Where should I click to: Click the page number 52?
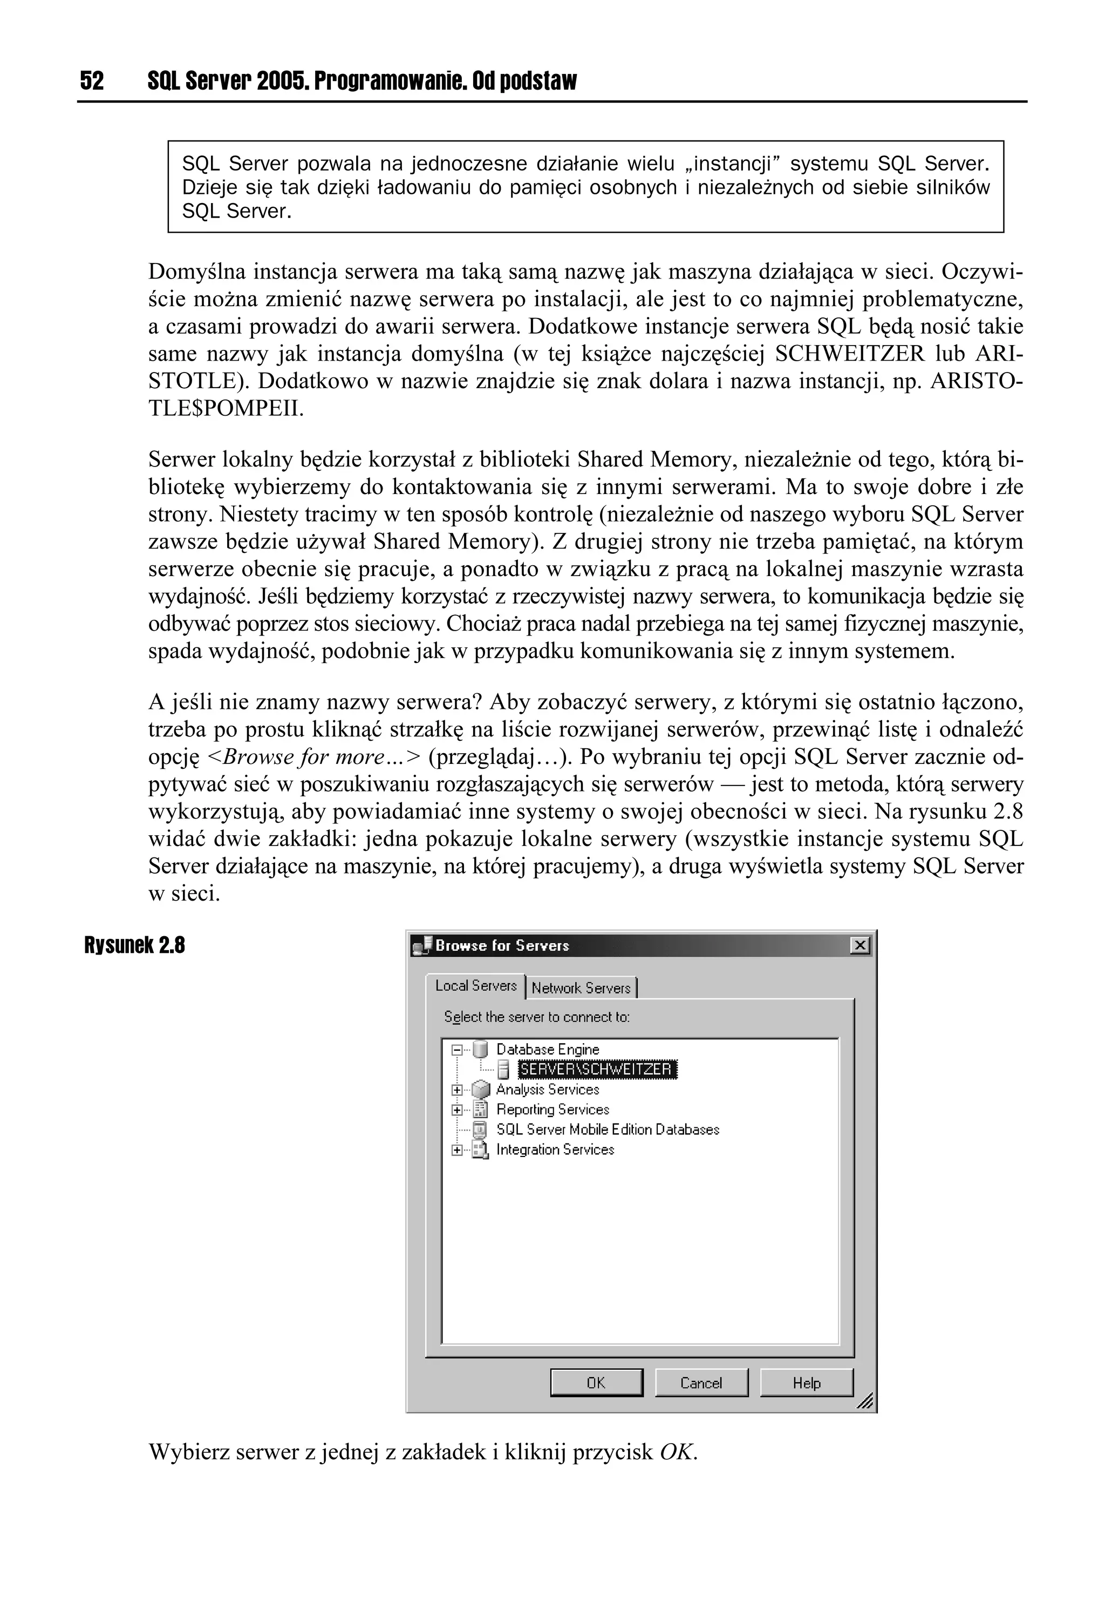[92, 81]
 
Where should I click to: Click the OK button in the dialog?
[596, 1383]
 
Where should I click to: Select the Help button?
[807, 1383]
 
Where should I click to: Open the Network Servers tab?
[581, 988]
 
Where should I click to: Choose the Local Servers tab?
[476, 986]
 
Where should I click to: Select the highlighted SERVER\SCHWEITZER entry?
[596, 1069]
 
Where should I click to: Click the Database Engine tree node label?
[547, 1049]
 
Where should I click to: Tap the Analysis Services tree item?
[547, 1089]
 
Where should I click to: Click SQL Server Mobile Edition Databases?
[607, 1129]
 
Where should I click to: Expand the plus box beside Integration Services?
[456, 1150]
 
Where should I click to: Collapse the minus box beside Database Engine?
[456, 1050]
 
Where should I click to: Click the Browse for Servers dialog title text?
[502, 945]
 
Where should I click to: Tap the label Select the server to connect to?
[536, 1017]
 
